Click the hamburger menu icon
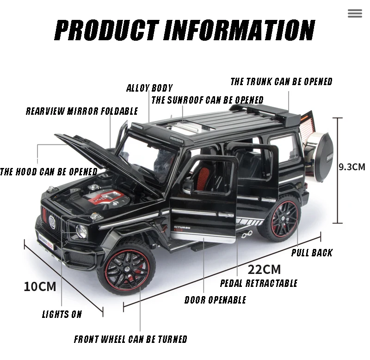tap(355, 13)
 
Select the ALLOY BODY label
tap(149, 88)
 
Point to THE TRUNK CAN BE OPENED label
tap(281, 82)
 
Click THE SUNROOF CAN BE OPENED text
tap(207, 100)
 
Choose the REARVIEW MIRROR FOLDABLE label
tap(82, 111)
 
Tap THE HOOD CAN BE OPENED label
tap(49, 172)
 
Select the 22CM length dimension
tap(264, 269)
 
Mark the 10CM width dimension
tap(40, 286)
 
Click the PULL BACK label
tap(312, 253)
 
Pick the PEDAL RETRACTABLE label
tap(259, 283)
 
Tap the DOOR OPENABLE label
tap(215, 300)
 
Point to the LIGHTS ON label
tap(62, 314)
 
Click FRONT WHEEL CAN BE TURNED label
tap(130, 339)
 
